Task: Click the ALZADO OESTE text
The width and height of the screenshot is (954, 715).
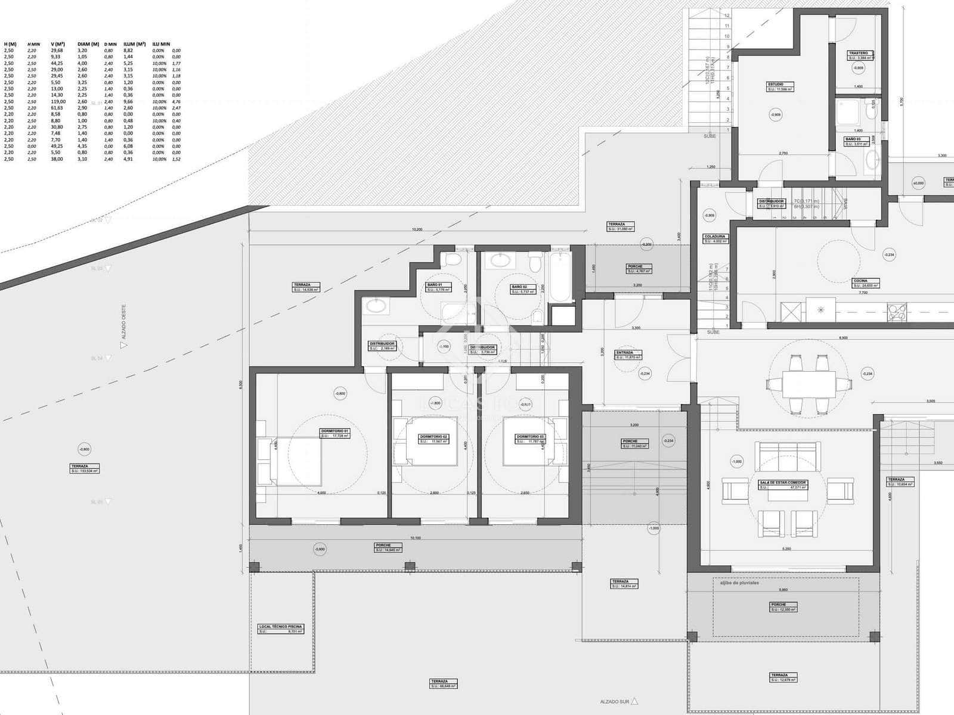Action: click(124, 322)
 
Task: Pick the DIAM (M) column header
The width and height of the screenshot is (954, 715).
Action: click(88, 44)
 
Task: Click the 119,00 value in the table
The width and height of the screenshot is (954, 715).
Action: click(57, 101)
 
